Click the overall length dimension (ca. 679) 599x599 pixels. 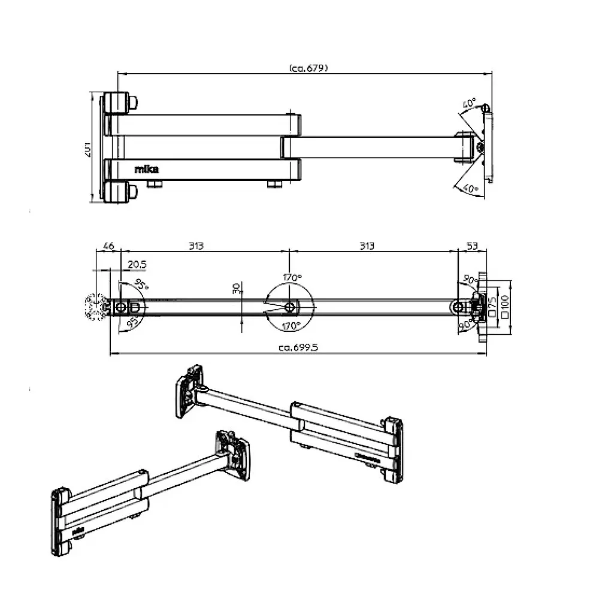click(308, 68)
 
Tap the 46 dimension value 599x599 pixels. click(108, 246)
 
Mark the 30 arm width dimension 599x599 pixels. click(237, 289)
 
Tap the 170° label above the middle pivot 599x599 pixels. click(292, 277)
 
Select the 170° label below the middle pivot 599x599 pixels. click(291, 326)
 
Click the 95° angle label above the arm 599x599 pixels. click(141, 284)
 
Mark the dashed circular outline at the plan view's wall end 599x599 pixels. click(95, 307)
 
